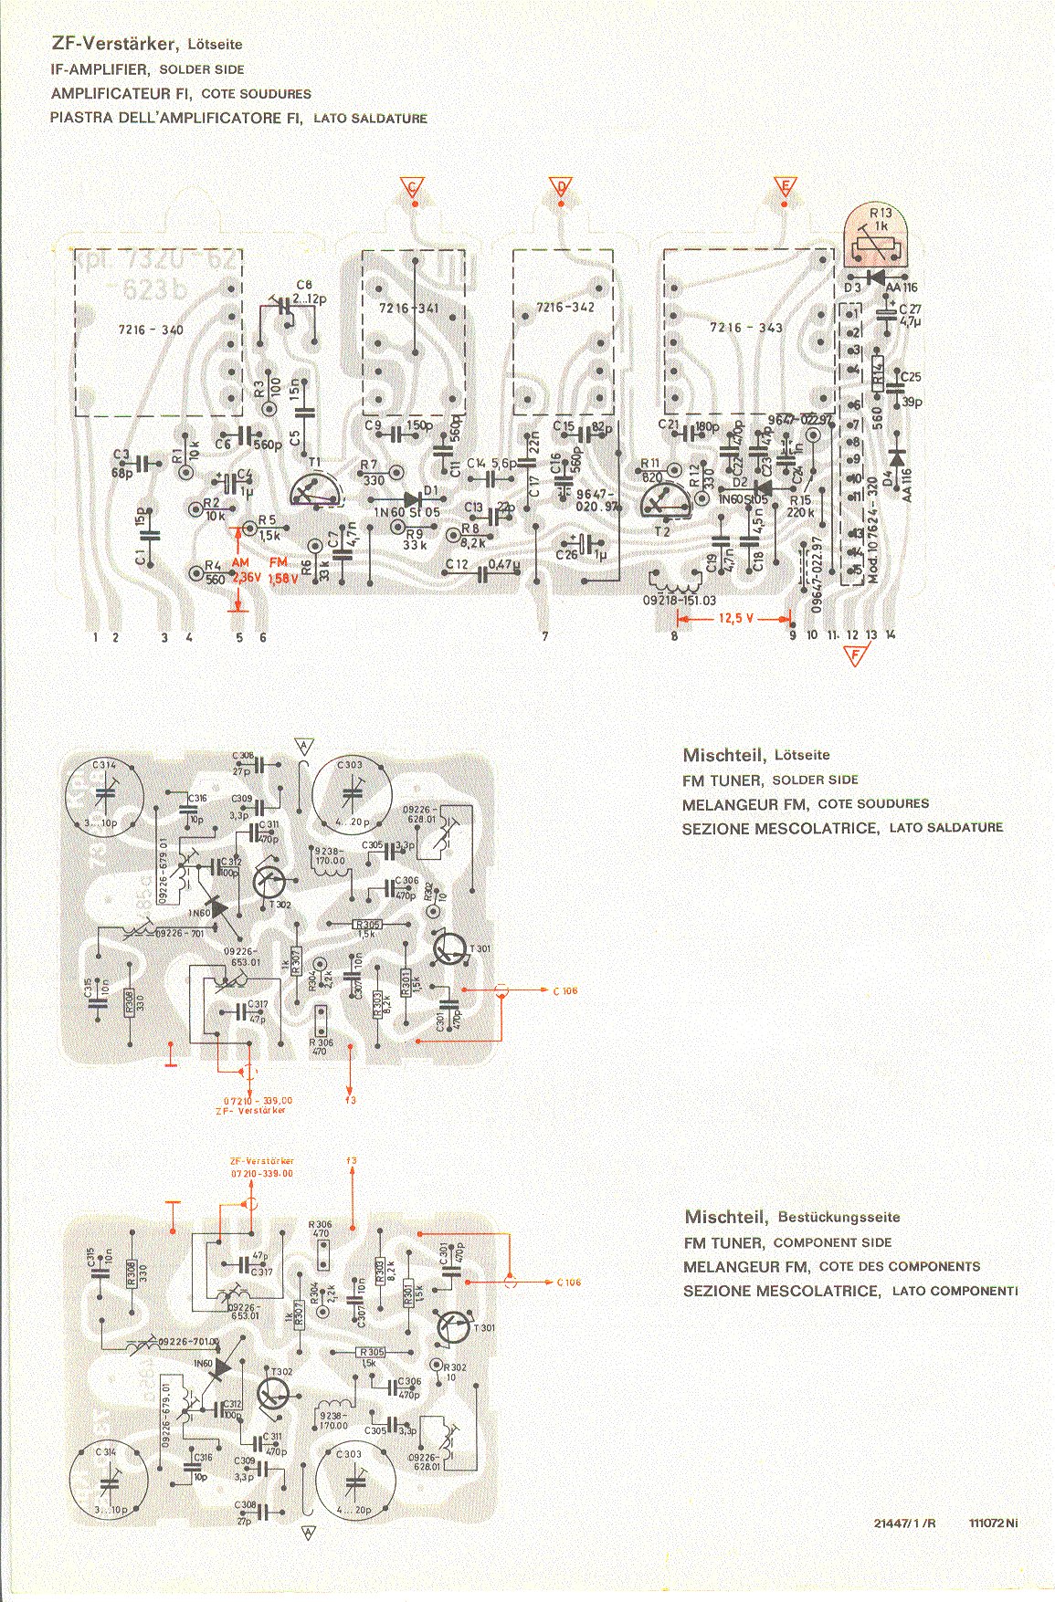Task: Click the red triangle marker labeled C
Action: [x=412, y=186]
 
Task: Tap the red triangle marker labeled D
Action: [x=561, y=186]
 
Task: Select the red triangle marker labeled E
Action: [x=784, y=186]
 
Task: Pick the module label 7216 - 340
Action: [x=152, y=330]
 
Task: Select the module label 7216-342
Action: [x=565, y=308]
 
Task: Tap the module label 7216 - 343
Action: [x=745, y=327]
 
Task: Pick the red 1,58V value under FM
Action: [x=283, y=577]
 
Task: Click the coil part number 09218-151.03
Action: [x=680, y=601]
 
